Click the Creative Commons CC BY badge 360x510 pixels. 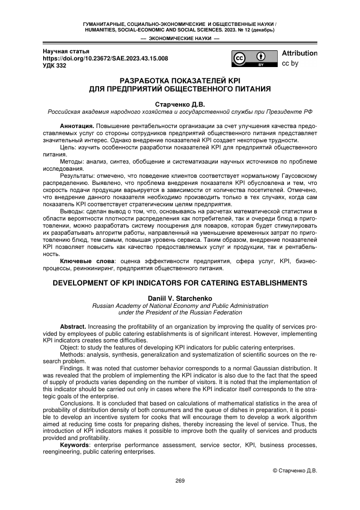pyautogui.click(x=255, y=59)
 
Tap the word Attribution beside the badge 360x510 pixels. pyautogui.click(x=300, y=53)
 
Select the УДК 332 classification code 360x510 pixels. pyautogui.click(x=54, y=66)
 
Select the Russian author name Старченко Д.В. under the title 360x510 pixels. pyautogui.click(x=180, y=103)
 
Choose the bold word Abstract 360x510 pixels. pyautogui.click(x=73, y=326)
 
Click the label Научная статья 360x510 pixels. pyautogui.click(x=66, y=51)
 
